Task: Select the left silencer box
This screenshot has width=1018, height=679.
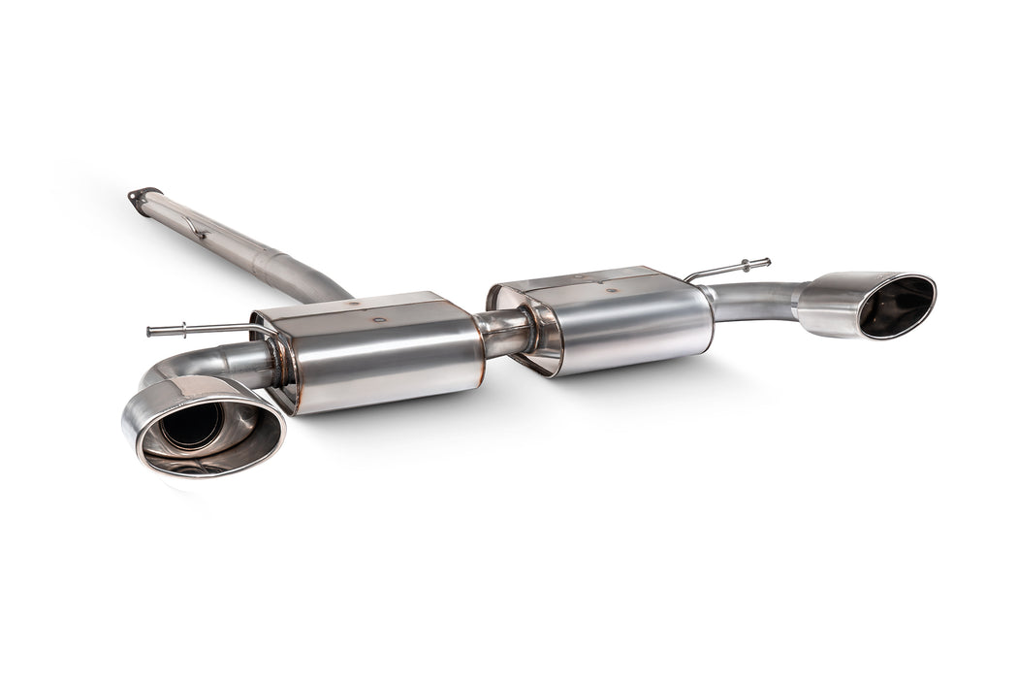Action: [x=378, y=354]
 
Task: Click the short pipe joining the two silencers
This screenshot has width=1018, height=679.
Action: [x=504, y=333]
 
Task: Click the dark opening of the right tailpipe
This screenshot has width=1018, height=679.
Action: [x=895, y=307]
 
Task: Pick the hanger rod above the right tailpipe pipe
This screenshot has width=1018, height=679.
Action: [x=727, y=269]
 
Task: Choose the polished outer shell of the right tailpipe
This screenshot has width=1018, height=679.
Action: [x=829, y=306]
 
